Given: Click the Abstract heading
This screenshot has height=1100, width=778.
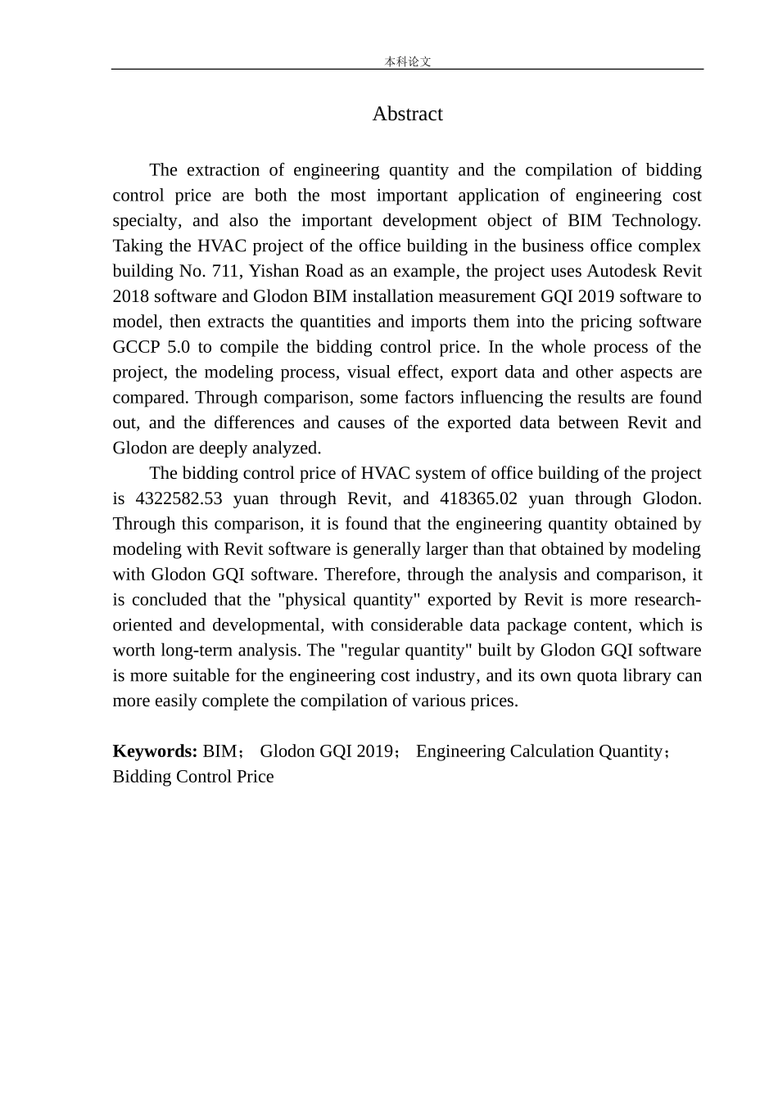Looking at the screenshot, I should [x=407, y=114].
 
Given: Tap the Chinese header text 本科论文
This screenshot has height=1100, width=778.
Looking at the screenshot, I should [x=408, y=61].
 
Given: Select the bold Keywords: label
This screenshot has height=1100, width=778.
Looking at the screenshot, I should [x=155, y=751].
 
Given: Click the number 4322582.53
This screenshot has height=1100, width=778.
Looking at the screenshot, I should [x=178, y=498].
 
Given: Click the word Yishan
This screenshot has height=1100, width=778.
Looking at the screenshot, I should [x=274, y=271].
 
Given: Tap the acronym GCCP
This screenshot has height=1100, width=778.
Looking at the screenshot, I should [x=136, y=347].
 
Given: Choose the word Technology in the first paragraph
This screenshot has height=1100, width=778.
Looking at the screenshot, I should [x=655, y=220].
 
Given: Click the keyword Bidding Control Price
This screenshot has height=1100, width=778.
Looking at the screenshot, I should [x=193, y=777].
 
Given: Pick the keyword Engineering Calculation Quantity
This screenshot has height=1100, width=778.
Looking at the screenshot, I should [x=539, y=751].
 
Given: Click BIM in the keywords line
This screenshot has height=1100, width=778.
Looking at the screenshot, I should [x=219, y=751].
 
